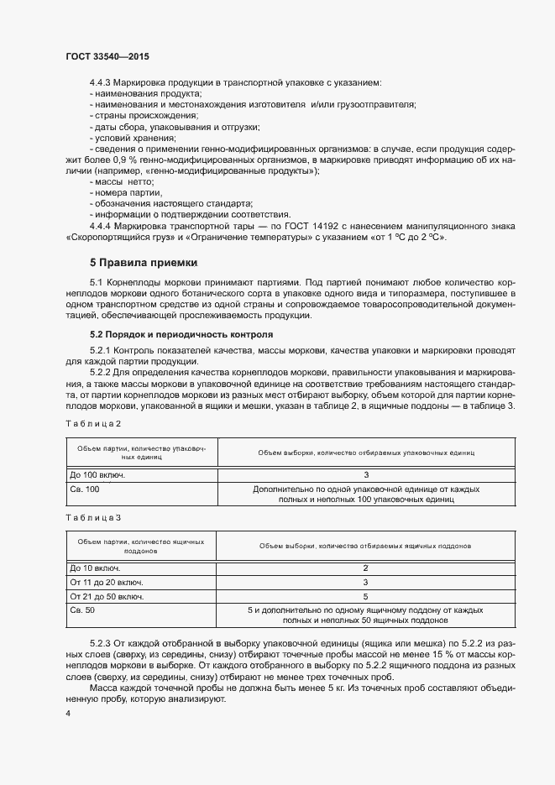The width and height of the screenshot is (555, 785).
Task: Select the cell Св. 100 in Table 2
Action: coord(84,488)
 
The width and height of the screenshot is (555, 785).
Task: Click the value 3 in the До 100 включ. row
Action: coord(365,474)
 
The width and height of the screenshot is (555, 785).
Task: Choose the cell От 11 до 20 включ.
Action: coord(106,582)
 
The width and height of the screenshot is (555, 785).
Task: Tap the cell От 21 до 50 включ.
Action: coord(106,596)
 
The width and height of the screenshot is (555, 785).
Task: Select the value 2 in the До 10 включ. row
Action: coord(365,568)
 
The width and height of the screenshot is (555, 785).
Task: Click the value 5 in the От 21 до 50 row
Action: coord(365,596)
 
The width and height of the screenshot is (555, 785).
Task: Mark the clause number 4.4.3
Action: coord(102,82)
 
